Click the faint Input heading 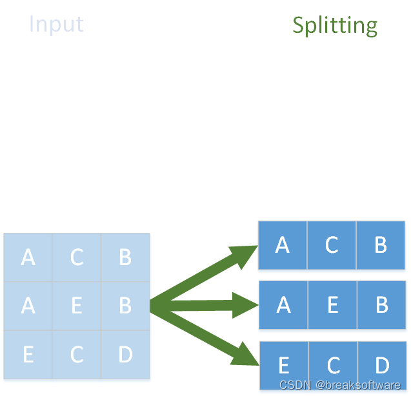(x=56, y=24)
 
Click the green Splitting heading (x=334, y=25)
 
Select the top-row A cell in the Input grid (x=28, y=257)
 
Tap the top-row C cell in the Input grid (x=76, y=257)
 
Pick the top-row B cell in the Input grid (x=125, y=257)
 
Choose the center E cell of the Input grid (x=76, y=306)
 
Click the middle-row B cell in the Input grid (x=125, y=306)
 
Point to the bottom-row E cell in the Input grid (x=28, y=354)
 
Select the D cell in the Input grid (x=125, y=354)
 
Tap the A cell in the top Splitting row (x=283, y=245)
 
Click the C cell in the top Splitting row (x=332, y=245)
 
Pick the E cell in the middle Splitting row (x=332, y=304)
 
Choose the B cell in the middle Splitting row (x=381, y=304)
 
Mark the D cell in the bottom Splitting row (x=381, y=365)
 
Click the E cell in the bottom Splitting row (x=283, y=365)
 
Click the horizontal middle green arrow (x=206, y=305)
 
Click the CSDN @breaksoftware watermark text (x=340, y=385)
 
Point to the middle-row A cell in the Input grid (x=28, y=306)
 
